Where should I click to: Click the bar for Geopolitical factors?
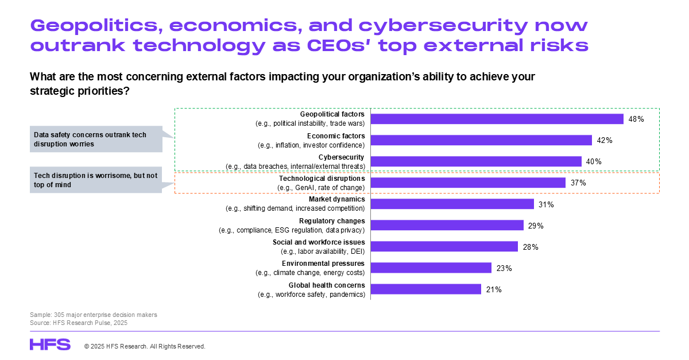coord(497,119)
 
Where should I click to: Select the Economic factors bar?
coord(481,140)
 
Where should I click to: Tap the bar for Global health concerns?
coord(426,289)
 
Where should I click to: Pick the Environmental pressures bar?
coord(431,268)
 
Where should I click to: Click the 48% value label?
coord(636,119)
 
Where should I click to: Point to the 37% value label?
coord(578,183)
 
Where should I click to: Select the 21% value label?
coord(494,289)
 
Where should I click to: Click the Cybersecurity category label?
coord(342,157)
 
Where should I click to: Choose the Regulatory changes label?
coord(332,221)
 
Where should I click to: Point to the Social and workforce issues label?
coord(319,242)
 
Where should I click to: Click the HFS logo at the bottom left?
coord(50,344)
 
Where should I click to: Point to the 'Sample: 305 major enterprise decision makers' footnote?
coord(94,315)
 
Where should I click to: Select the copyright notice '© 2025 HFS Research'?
coord(145,346)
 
